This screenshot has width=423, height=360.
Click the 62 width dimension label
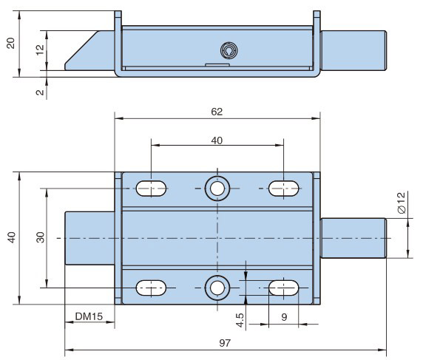(x=217, y=112)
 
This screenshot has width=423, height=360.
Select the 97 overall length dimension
(x=225, y=343)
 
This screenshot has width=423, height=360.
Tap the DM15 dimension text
(x=89, y=316)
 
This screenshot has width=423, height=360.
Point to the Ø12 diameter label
(x=402, y=203)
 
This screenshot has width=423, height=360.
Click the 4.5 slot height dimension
(x=240, y=320)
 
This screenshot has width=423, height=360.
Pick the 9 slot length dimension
(x=284, y=317)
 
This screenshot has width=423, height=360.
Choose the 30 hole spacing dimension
(x=40, y=237)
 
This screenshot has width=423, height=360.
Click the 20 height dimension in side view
(x=10, y=43)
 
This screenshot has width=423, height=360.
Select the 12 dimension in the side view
(x=40, y=50)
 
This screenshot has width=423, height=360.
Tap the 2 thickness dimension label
(x=40, y=92)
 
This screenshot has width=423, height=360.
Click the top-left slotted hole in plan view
(x=151, y=189)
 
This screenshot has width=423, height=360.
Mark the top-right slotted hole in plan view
(x=283, y=189)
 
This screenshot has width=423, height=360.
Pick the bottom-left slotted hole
(x=151, y=288)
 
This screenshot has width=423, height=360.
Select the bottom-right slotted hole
(x=283, y=288)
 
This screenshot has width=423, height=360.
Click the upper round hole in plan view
(x=217, y=189)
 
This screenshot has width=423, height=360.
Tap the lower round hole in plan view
(x=217, y=288)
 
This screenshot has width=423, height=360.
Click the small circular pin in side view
(x=229, y=50)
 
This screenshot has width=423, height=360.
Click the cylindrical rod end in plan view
(x=353, y=238)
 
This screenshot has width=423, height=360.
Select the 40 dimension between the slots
(x=217, y=140)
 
